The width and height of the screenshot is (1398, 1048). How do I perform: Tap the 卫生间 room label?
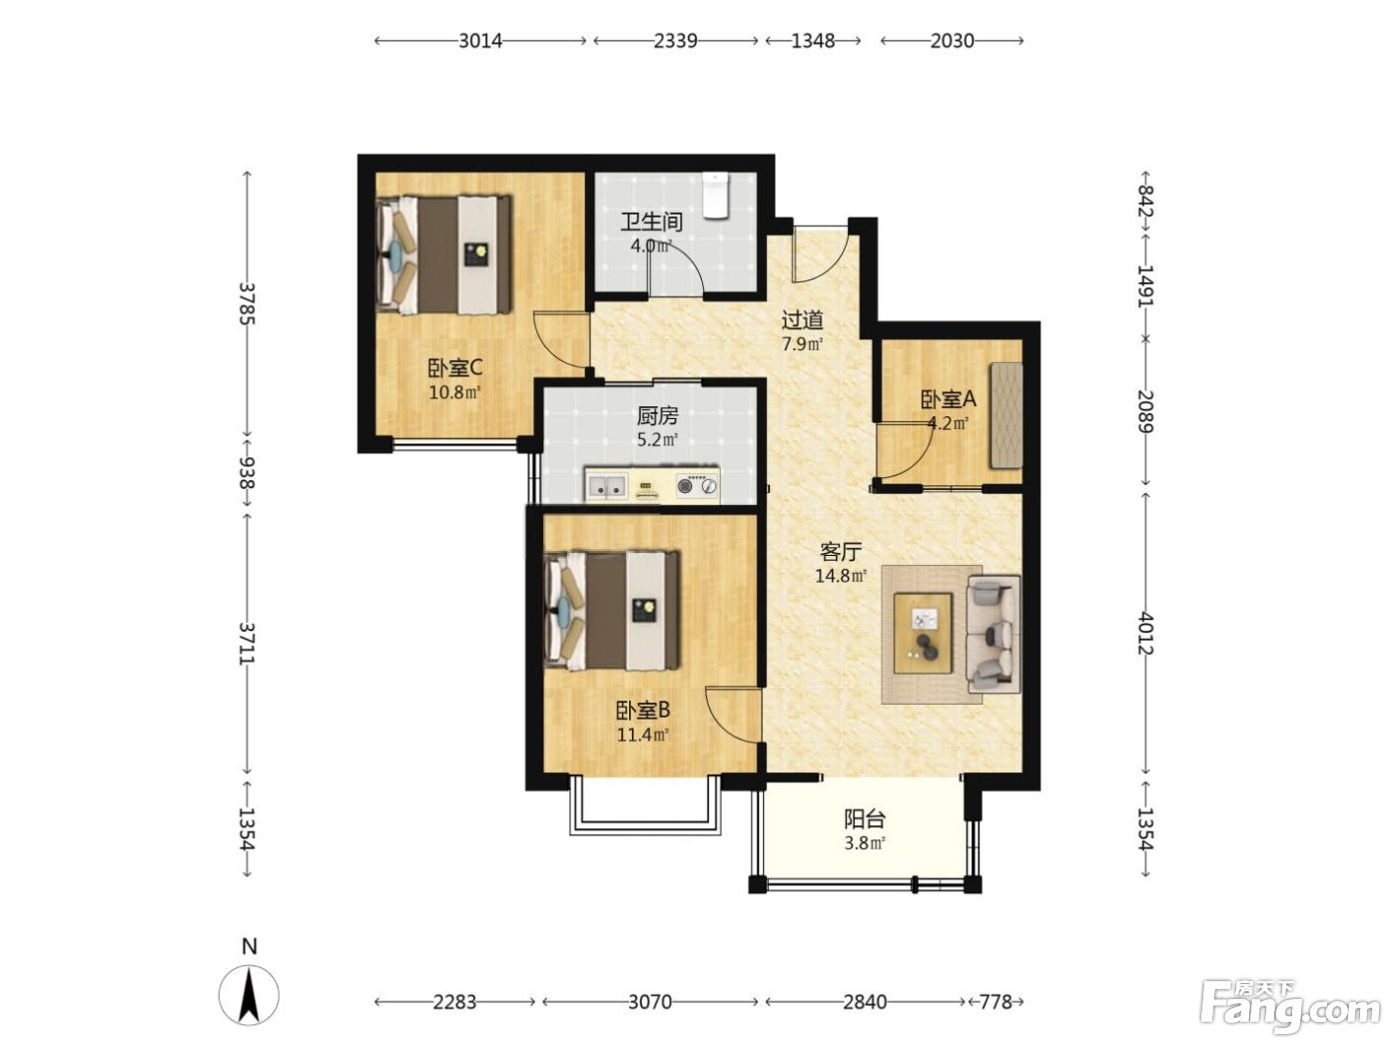coord(651,222)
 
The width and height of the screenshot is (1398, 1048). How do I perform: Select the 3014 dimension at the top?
coord(480,41)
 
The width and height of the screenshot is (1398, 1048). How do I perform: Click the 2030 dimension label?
coord(952,41)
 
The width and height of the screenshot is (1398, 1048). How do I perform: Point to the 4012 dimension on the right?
coord(1145,633)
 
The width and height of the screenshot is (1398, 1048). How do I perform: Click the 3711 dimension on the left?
coord(247,643)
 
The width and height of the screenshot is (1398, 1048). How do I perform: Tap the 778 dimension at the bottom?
coord(997,1002)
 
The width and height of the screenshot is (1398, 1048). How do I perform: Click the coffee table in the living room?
coord(923,633)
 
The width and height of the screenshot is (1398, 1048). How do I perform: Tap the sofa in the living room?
coord(994,634)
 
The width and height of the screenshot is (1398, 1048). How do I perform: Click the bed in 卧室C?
coord(444,255)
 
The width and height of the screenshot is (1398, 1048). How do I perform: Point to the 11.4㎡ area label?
coord(643,736)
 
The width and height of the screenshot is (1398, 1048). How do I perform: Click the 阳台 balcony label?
coord(865,817)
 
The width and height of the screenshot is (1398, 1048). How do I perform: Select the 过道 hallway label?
coord(803,319)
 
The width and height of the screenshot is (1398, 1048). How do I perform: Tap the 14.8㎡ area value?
coord(841,576)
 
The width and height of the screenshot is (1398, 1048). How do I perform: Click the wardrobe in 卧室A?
coord(1006,415)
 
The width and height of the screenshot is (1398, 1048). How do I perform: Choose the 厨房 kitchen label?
coord(658,415)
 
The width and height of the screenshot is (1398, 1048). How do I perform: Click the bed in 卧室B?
coord(612,611)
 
